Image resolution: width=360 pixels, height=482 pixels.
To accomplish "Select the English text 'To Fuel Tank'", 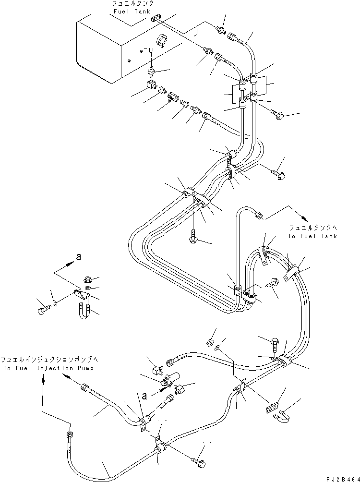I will click(x=313, y=236).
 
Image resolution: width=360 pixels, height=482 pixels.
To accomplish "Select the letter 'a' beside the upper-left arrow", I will click(x=78, y=257).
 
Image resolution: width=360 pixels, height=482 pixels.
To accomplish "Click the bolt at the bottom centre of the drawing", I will click(x=200, y=462).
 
